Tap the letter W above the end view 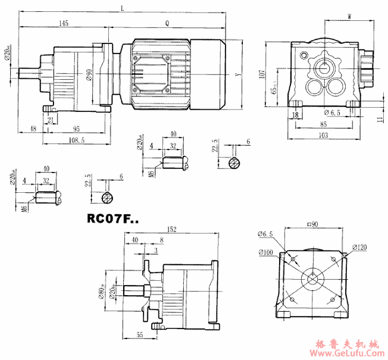pos(349,16)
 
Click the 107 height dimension pos(262,74)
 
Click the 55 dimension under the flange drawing pos(139,335)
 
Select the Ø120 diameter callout pos(360,246)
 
